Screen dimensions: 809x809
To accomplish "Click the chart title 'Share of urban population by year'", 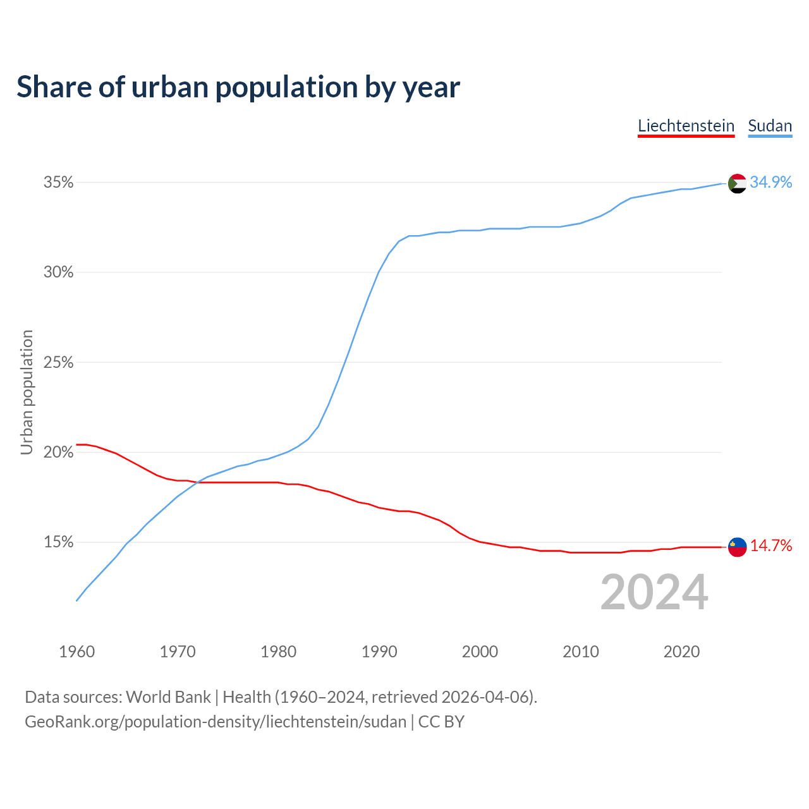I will point(238,87).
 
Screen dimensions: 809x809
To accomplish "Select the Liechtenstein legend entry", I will point(686,126).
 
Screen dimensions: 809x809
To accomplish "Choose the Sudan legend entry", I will point(770,126).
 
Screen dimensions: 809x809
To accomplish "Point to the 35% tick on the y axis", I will point(58,183).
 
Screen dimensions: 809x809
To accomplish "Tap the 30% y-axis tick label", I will point(58,272).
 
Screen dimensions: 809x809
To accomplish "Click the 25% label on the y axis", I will point(58,363).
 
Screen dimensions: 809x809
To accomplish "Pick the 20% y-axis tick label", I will point(58,453).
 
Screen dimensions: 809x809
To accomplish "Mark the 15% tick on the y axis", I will point(58,542).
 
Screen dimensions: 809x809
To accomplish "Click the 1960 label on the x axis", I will point(76,652).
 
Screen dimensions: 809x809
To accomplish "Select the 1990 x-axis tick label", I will point(379,652).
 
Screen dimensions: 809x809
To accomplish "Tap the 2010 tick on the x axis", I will point(581,652).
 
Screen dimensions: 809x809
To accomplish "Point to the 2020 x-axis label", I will point(681,652).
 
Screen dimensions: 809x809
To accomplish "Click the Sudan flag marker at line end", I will point(738,183).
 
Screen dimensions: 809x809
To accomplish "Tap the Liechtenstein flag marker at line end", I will point(738,547).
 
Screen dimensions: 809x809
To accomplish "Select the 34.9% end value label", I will point(771,183).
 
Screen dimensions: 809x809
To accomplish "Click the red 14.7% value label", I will point(771,546).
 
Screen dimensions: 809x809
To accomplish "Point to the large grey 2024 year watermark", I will point(654,592).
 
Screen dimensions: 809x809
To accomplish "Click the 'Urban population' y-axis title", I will point(27,392).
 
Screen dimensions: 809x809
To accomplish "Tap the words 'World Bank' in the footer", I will point(168,697).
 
